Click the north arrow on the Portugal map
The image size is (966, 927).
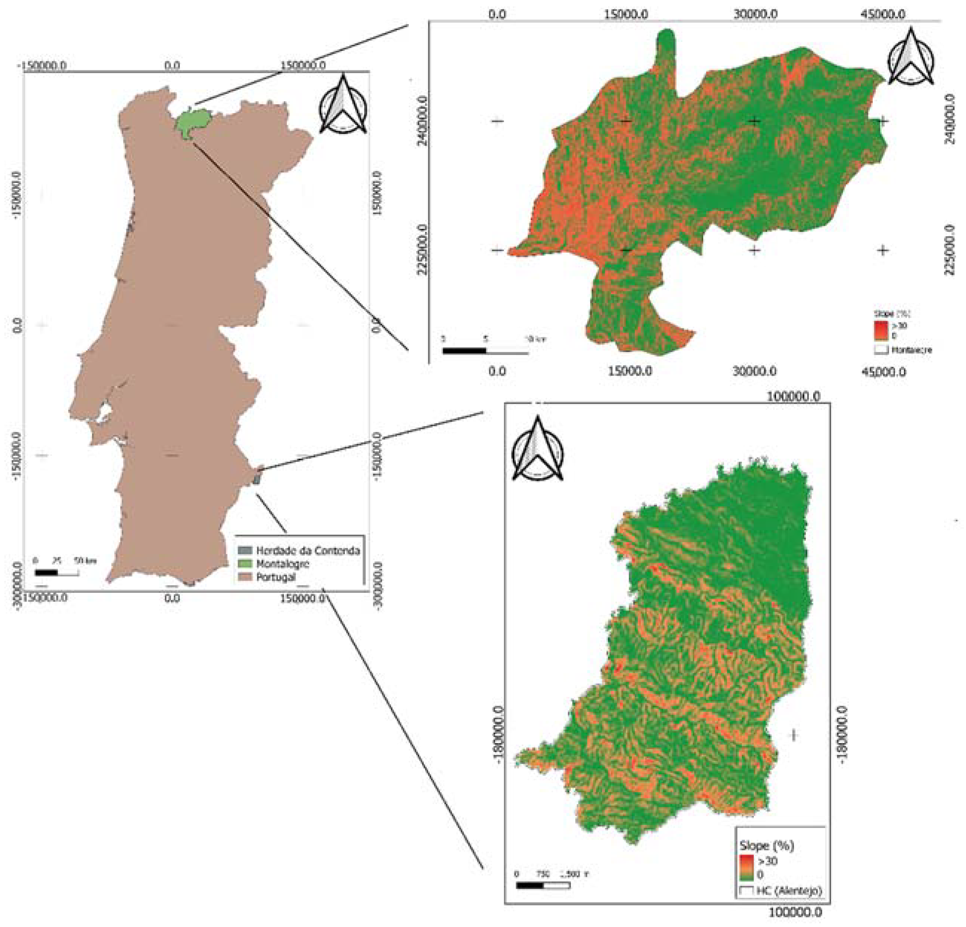point(343,107)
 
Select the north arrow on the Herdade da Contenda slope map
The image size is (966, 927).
point(537,450)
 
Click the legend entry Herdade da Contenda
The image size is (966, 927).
point(307,550)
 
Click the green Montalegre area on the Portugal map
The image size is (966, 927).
point(187,123)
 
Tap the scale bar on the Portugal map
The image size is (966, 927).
point(56,573)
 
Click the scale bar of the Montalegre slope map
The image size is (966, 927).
point(485,351)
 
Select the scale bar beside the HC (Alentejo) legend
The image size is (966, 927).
point(543,886)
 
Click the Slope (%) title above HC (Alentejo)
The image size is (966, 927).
point(766,846)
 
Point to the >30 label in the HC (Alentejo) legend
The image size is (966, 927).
point(768,861)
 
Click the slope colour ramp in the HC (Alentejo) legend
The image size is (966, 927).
point(747,868)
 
